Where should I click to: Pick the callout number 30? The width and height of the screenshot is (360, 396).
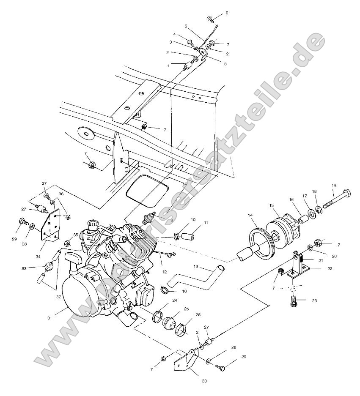(x=204, y=381)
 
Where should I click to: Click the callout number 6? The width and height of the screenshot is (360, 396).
(x=226, y=13)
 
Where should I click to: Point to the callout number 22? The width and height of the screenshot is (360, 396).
(x=329, y=268)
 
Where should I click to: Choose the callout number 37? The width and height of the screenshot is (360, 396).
(x=44, y=183)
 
